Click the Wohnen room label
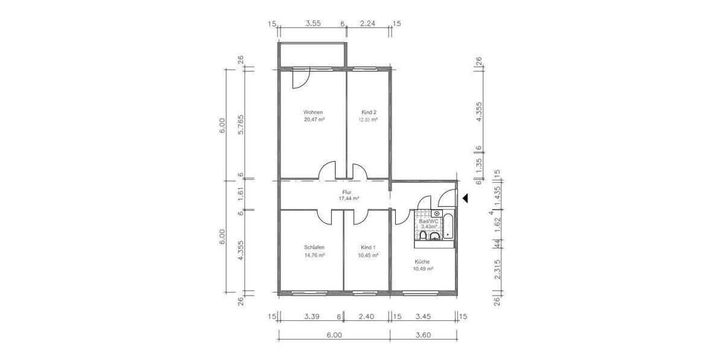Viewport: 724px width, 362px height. click(x=313, y=112)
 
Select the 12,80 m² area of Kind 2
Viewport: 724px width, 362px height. click(x=369, y=119)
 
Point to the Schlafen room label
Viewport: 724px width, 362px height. click(x=314, y=247)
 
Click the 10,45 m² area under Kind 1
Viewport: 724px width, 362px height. click(x=369, y=255)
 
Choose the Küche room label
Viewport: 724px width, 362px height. click(x=422, y=261)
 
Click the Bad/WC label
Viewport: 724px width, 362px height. click(x=428, y=221)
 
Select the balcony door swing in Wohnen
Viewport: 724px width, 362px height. click(x=300, y=78)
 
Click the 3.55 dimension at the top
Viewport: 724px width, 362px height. click(x=313, y=24)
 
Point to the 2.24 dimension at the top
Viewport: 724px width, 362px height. click(x=368, y=24)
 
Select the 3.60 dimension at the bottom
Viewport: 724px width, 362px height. click(x=424, y=335)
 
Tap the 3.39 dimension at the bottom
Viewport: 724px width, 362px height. click(x=311, y=316)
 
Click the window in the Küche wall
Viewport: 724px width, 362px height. click(x=421, y=293)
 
